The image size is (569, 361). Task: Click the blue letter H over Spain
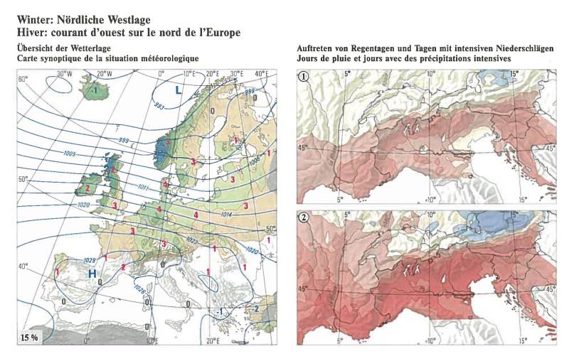92,274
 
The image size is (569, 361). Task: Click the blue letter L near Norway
179,90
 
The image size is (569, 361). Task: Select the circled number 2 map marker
304,217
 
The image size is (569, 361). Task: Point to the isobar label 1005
69,153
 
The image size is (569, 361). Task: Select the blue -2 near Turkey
256,308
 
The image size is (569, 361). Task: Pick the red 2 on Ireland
87,188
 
